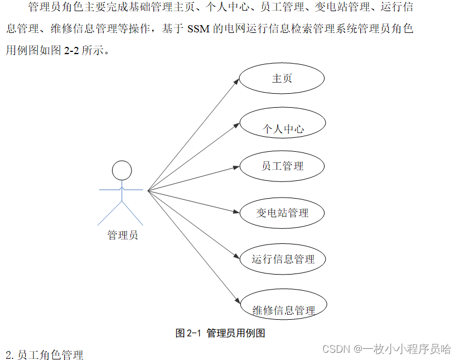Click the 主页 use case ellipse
[x=282, y=79]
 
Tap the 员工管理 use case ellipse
[x=282, y=166]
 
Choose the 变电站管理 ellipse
[x=282, y=213]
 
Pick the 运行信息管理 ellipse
[x=283, y=259]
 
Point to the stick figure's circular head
[x=122, y=170]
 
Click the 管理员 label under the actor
[x=123, y=235]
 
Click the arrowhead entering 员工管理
[x=236, y=166]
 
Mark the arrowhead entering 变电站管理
[x=236, y=212]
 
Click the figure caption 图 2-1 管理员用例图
[x=220, y=333]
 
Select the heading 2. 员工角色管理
[x=44, y=354]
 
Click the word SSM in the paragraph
[x=198, y=30]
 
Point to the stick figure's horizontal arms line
[x=122, y=190]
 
